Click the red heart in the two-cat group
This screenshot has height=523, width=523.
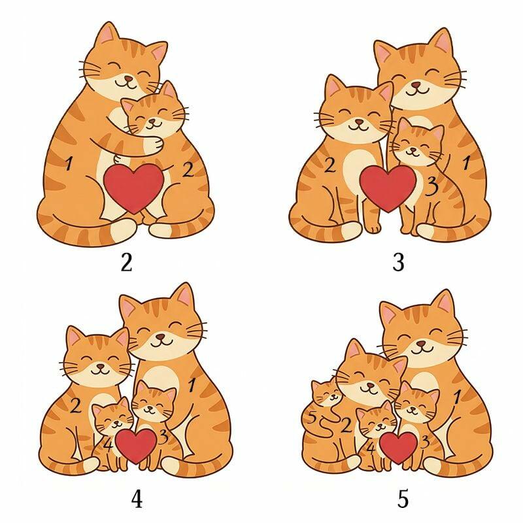(x=133, y=188)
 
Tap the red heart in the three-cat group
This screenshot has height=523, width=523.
(x=388, y=188)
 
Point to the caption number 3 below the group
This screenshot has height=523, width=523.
(x=399, y=262)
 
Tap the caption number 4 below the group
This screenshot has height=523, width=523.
(x=137, y=499)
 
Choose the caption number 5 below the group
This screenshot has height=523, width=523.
(x=403, y=499)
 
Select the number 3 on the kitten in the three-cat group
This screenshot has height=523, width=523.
(x=432, y=186)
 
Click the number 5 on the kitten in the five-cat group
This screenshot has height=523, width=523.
(x=312, y=418)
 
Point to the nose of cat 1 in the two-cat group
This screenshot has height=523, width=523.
(x=127, y=79)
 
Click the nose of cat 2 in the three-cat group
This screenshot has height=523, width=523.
(x=358, y=122)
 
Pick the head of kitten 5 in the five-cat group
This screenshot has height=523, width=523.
(x=326, y=393)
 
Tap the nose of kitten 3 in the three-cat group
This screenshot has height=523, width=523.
(x=413, y=150)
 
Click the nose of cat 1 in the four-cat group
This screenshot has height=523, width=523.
(x=161, y=336)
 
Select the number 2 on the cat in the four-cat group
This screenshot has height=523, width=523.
(x=76, y=406)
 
